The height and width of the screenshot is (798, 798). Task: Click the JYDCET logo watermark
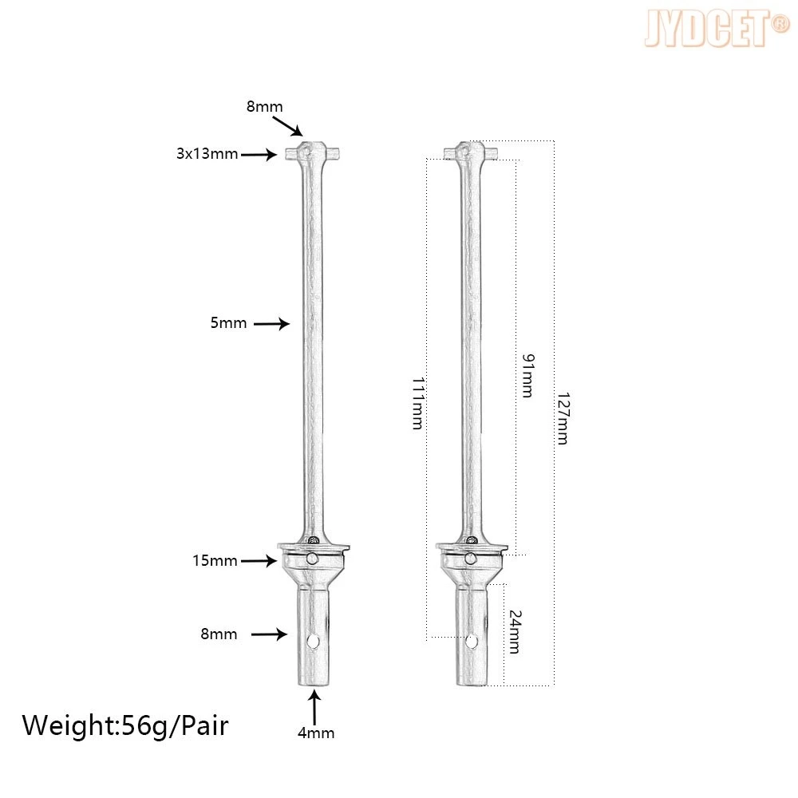717,29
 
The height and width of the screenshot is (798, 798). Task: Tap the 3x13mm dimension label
207,154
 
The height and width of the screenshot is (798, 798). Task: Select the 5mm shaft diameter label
228,322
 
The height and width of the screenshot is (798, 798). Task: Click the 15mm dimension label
215,560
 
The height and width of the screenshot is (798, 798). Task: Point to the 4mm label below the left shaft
316,733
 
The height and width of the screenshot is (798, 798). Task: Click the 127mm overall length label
563,418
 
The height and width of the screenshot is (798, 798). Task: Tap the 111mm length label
418,404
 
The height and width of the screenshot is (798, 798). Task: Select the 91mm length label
528,376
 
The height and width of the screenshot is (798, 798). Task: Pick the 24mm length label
515,631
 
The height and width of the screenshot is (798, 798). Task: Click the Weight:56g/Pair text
125,725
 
